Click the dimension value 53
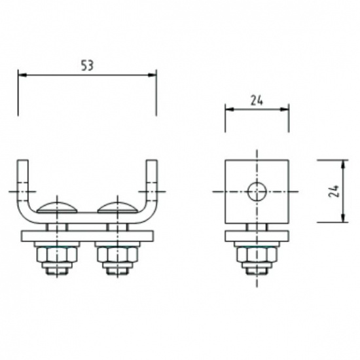pyautogui.click(x=86, y=66)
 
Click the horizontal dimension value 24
pyautogui.click(x=257, y=100)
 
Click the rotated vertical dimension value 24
pyautogui.click(x=334, y=191)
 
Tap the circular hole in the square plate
pyautogui.click(x=257, y=191)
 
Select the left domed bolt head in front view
pyautogui.click(x=58, y=208)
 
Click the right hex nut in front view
pyautogui.click(x=117, y=253)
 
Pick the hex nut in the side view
pyautogui.click(x=257, y=253)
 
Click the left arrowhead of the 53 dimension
pyautogui.click(x=22, y=75)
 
